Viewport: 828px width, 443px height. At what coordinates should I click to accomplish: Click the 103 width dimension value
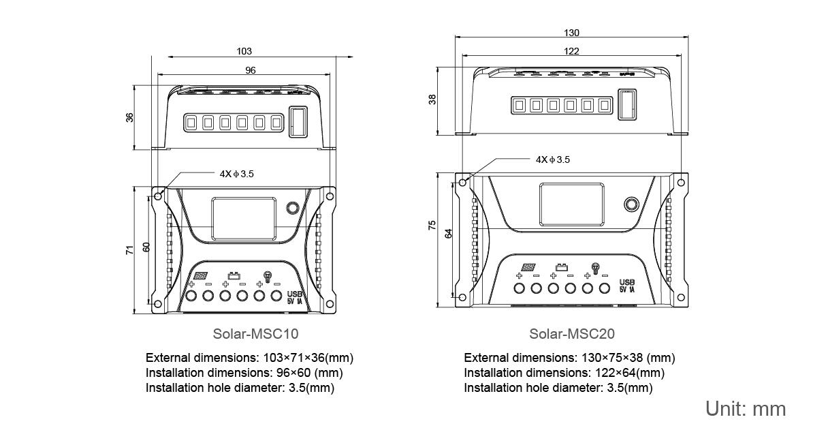click(x=244, y=51)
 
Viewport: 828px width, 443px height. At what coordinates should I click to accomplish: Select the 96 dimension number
click(x=251, y=70)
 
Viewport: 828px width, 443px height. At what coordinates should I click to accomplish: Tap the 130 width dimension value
click(x=572, y=33)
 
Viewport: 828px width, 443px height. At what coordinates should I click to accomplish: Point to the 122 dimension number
click(x=572, y=51)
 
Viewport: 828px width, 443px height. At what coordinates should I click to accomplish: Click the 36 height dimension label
click(x=129, y=117)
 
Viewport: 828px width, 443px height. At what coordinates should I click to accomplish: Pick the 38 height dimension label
click(x=432, y=100)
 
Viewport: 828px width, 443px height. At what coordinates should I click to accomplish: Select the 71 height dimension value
click(x=129, y=250)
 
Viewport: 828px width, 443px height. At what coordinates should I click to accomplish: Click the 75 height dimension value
click(x=432, y=226)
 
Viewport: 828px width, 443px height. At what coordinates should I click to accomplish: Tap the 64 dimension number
click(x=448, y=234)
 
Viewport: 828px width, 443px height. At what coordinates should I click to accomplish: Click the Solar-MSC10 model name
click(x=255, y=334)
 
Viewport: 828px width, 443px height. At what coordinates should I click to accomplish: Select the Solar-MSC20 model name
click(x=572, y=334)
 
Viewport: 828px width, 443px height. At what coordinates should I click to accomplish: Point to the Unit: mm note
click(x=746, y=409)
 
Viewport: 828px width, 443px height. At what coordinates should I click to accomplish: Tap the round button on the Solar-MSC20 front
click(x=631, y=204)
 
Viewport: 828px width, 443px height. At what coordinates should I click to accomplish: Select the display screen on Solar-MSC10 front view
click(x=243, y=219)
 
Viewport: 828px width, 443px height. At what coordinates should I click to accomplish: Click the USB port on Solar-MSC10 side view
click(x=298, y=122)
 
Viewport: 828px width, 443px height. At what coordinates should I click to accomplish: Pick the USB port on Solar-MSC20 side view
click(x=626, y=104)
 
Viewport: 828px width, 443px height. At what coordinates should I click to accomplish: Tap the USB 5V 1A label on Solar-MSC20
click(x=627, y=286)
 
